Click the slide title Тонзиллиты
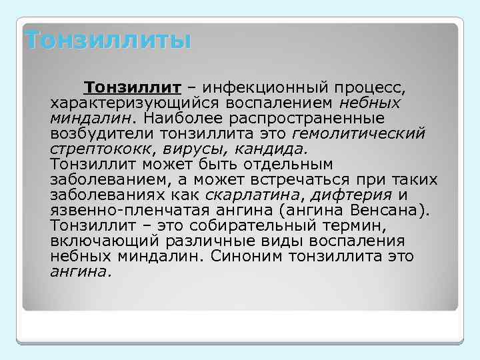(107, 40)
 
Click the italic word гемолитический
(367, 134)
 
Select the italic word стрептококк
(96, 149)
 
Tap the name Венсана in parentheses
(391, 211)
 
